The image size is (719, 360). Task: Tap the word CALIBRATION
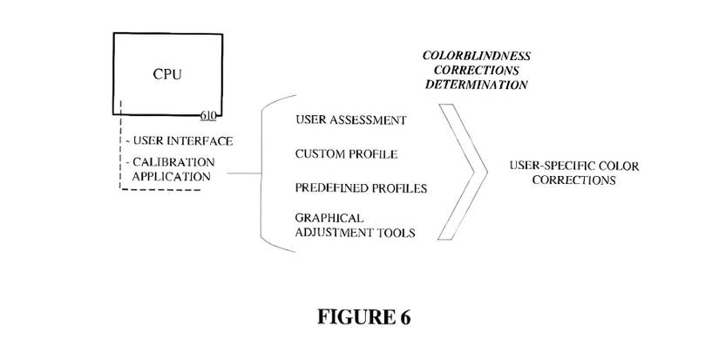click(173, 162)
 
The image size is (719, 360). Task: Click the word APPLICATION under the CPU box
click(171, 176)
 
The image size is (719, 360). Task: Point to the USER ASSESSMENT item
click(350, 119)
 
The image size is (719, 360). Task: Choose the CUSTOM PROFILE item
click(346, 154)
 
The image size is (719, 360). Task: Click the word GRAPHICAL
click(329, 218)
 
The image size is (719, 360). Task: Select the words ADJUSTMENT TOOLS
click(355, 233)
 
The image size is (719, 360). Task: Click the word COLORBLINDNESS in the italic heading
click(477, 56)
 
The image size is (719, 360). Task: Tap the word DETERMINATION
click(477, 85)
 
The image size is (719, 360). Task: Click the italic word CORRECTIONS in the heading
click(477, 70)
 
